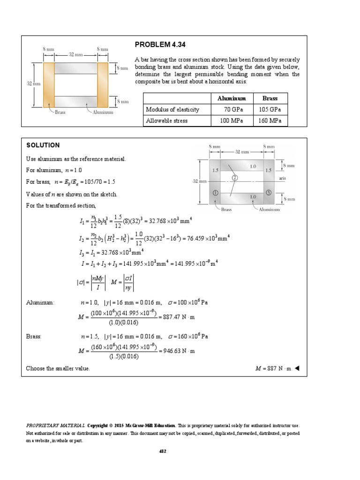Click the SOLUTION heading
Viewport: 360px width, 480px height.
[43, 145]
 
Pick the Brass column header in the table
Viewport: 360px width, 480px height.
[270, 98]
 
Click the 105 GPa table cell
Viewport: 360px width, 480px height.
[270, 110]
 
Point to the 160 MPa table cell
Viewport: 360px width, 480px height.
[270, 121]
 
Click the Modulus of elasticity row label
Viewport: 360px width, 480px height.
[172, 110]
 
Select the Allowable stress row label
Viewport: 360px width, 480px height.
[167, 121]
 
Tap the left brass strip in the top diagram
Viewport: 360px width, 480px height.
[49, 85]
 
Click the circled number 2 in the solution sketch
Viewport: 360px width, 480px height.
[234, 178]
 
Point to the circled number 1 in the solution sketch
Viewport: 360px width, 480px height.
[215, 193]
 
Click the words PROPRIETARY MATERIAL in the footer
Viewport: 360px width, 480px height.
[55, 426]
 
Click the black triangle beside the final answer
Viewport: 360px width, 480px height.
[297, 368]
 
